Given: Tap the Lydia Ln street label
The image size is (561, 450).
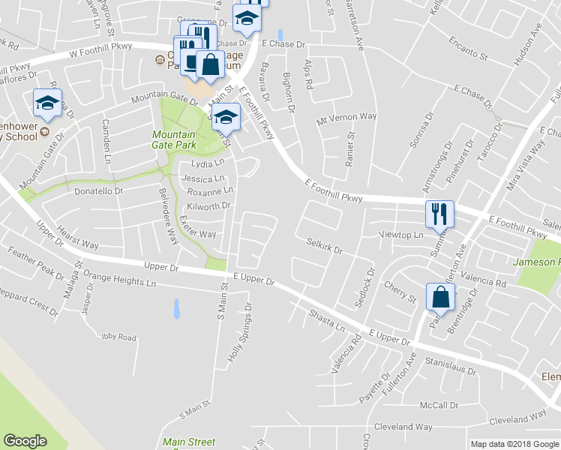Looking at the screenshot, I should coord(208,163).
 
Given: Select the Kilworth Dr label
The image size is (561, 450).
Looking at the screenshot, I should coord(208,205).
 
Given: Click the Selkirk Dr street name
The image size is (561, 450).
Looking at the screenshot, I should coord(324,246).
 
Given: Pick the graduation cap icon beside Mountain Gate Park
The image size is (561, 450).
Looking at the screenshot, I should coord(226,116).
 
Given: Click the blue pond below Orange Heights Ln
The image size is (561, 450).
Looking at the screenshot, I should coord(176,308).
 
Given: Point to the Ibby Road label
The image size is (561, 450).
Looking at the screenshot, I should coord(120,337).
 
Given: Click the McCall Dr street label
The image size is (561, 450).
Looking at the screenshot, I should coord(439,405).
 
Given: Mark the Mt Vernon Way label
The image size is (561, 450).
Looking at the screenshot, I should coord(346,117).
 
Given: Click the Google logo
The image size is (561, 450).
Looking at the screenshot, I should coord(25,441).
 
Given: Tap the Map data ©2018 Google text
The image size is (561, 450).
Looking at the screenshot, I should coord(514,444).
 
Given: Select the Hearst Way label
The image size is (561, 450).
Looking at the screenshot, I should coord(78,239).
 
